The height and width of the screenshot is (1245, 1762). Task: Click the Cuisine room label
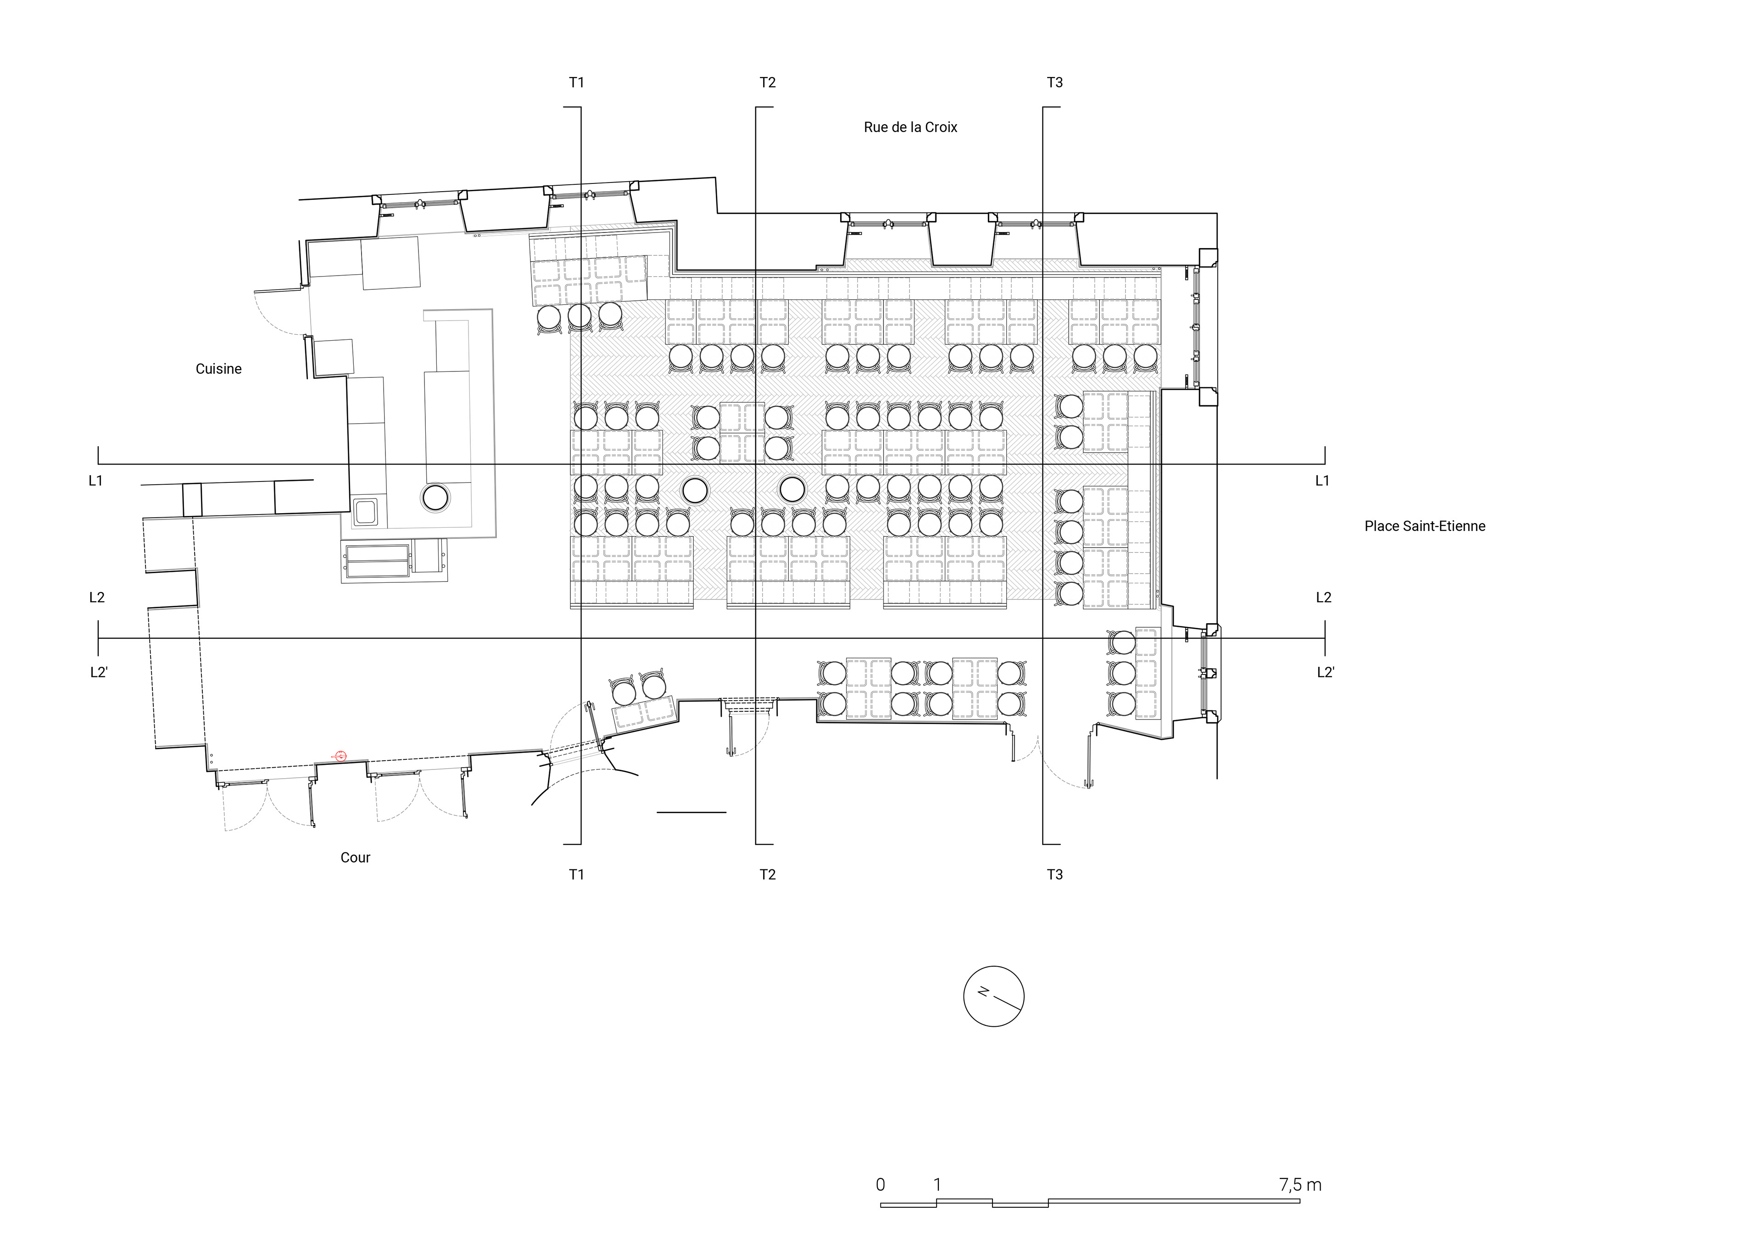(x=219, y=369)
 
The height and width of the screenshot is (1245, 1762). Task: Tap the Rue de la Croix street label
(x=910, y=127)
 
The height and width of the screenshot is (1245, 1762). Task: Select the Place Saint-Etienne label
(x=1424, y=526)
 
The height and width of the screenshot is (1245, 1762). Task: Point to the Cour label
(x=355, y=858)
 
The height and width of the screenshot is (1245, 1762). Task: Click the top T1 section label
(x=576, y=82)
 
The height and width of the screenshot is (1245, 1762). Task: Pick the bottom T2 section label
(x=767, y=874)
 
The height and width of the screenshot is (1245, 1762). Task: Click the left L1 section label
(x=96, y=481)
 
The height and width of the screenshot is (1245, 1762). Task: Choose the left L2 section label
(x=97, y=598)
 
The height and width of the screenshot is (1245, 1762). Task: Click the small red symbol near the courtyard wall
(x=340, y=756)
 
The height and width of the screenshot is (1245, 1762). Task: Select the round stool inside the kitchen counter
(x=436, y=497)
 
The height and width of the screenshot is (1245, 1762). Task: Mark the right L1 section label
(x=1322, y=481)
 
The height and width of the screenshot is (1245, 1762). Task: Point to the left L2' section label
(x=99, y=672)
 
